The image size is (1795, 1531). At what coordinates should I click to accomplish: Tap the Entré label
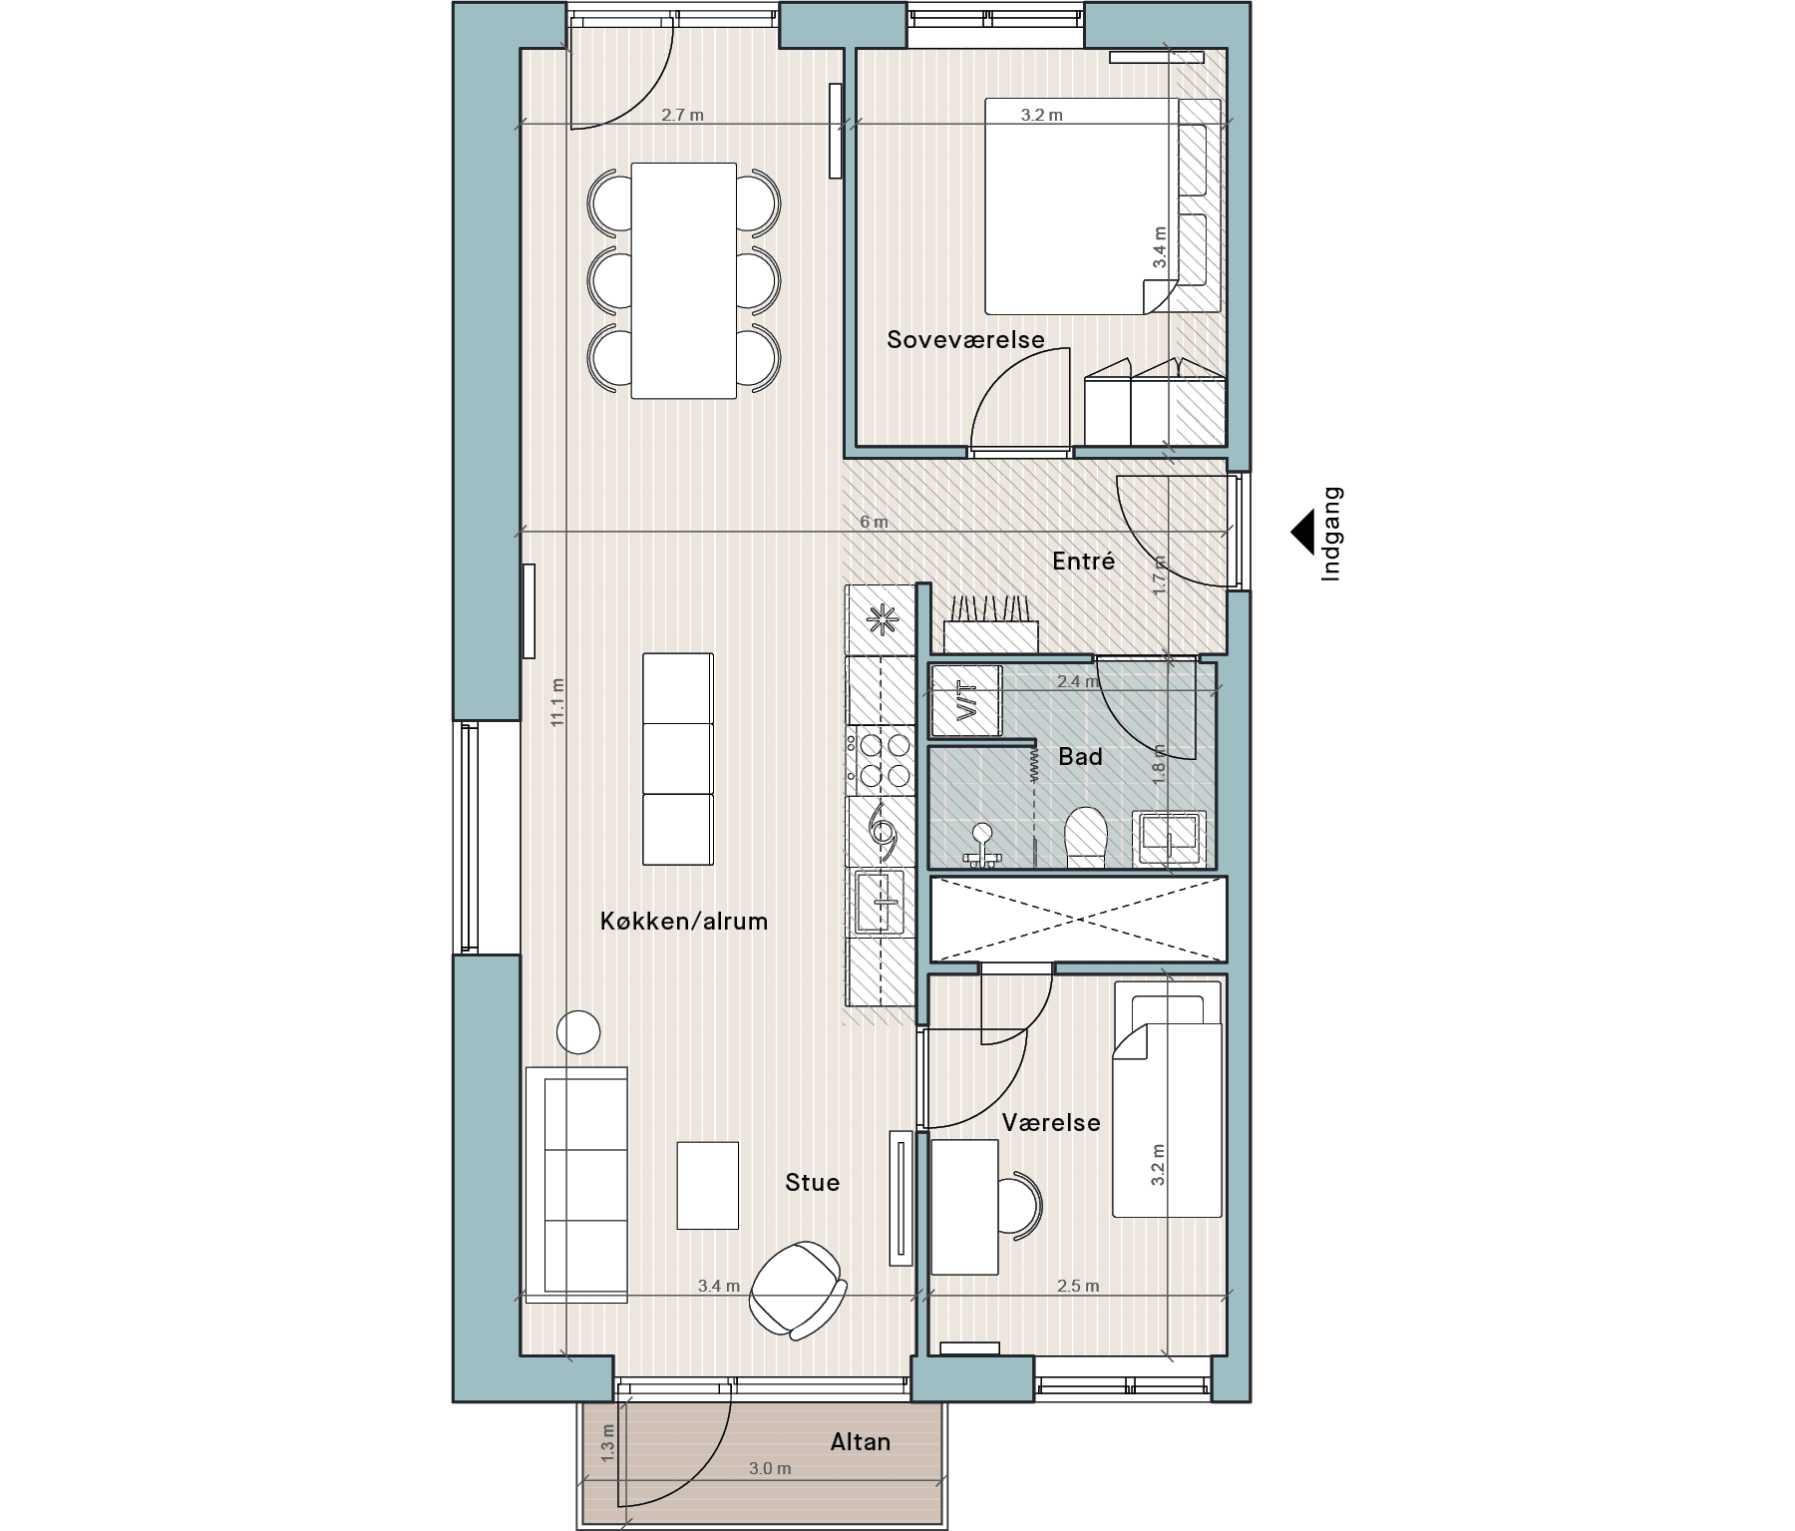point(1083,562)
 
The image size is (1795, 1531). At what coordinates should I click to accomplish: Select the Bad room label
point(1080,757)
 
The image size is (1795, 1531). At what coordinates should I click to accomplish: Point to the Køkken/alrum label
point(684,922)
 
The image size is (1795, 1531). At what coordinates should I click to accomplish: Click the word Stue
point(812,1183)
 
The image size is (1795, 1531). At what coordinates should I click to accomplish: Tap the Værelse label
point(1051,1123)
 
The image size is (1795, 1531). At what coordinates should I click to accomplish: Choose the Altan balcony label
point(860,1442)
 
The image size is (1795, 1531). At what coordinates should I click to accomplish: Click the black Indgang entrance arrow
point(1302,534)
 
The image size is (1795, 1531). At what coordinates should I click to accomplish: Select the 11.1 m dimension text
point(557,702)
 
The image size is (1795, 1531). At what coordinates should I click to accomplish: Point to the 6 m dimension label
point(874,523)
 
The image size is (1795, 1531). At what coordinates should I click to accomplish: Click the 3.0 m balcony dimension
point(770,1469)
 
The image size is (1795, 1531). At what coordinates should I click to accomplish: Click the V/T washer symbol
point(965,700)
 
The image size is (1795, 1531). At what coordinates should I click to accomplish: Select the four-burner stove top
point(881,759)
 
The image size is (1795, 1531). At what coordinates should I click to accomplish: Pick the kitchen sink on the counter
point(879,902)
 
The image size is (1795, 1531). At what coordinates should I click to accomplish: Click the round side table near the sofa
point(577,1032)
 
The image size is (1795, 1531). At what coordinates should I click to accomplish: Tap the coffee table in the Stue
point(708,1185)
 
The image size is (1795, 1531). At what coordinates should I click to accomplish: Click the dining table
point(684,280)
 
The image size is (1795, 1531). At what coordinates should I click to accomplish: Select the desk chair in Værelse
point(1020,1205)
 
